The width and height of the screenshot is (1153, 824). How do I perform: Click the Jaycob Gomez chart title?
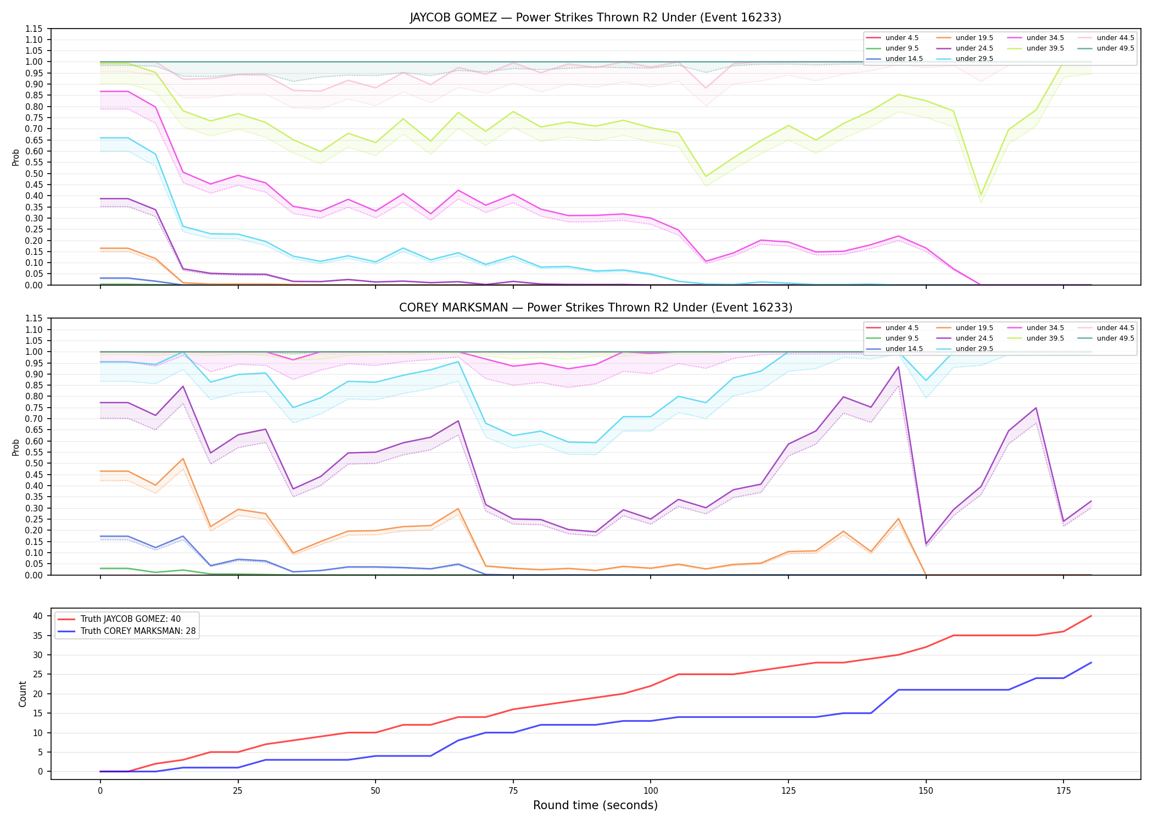tap(595, 18)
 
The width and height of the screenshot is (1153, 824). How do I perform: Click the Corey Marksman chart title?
tap(595, 308)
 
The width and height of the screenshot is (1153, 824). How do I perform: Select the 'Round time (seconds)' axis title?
tap(595, 805)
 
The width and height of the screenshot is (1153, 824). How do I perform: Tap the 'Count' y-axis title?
tap(23, 694)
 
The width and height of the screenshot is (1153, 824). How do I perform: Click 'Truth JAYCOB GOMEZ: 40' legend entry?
tap(131, 619)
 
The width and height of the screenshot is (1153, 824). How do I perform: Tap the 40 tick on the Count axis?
tap(38, 616)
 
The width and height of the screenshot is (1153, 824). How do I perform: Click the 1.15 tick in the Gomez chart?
tap(34, 29)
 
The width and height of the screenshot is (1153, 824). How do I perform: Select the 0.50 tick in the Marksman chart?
tap(34, 463)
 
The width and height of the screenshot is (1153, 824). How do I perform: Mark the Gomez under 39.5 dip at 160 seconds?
tap(981, 194)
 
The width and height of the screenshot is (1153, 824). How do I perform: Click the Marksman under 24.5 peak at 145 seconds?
tap(898, 367)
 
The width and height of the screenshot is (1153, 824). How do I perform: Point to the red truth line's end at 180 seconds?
tap(1091, 616)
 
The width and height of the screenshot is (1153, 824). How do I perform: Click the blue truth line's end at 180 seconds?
tap(1091, 662)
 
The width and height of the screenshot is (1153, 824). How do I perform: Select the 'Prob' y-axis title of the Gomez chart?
tap(16, 157)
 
